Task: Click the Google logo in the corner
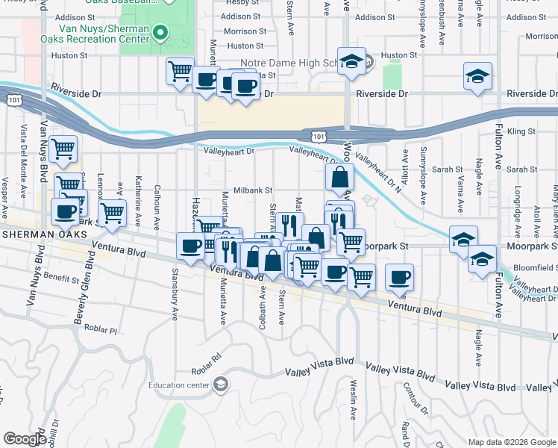(x=25, y=439)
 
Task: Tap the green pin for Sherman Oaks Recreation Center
(x=160, y=33)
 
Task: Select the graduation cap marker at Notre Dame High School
(x=350, y=63)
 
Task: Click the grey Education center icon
(x=221, y=385)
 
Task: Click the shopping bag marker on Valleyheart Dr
(x=339, y=178)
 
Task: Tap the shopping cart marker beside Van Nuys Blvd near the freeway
(x=64, y=149)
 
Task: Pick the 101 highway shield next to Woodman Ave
(x=318, y=136)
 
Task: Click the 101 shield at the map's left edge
(x=13, y=99)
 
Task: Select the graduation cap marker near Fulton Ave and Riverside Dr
(x=477, y=76)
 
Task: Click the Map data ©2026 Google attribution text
(x=512, y=442)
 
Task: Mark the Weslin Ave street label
(x=353, y=413)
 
